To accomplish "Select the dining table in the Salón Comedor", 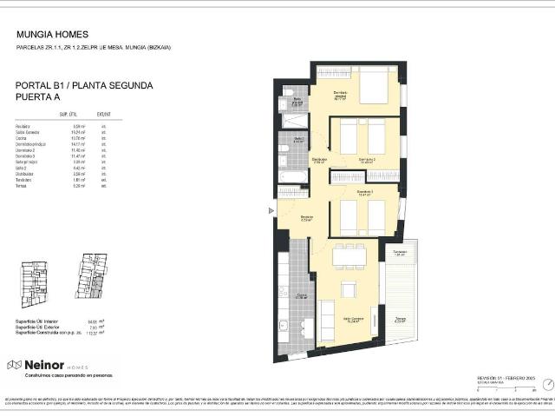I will tap(349, 255).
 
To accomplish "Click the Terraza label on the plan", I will tap(400, 319).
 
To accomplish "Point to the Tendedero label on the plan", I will tap(400, 254).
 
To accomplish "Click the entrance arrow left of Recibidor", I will tap(272, 210).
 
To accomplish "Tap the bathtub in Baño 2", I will tap(291, 179).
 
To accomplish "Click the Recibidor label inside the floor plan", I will tap(306, 218).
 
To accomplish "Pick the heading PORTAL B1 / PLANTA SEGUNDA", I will tap(84, 86).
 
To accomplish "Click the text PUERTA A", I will tap(39, 98).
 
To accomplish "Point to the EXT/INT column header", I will tap(103, 114).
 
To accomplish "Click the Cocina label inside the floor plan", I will tap(302, 296).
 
